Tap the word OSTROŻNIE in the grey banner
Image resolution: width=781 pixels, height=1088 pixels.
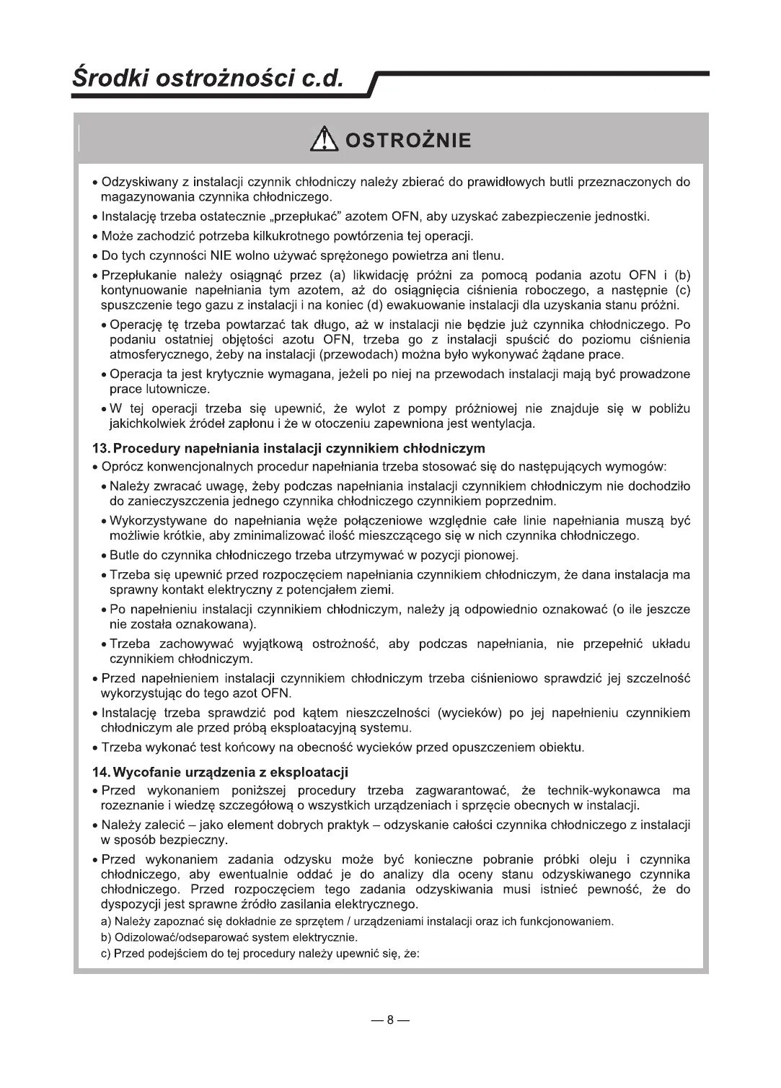pos(407,139)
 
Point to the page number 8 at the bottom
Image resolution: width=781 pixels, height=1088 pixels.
pos(390,1019)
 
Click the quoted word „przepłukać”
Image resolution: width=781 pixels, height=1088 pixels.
pos(305,216)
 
